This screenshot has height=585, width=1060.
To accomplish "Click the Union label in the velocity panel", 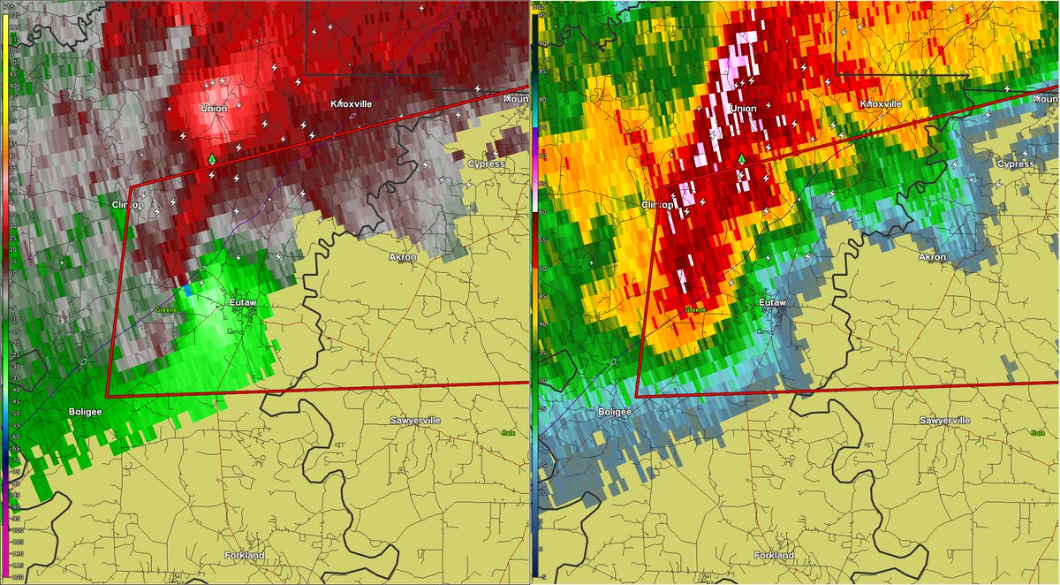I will pos(214,109).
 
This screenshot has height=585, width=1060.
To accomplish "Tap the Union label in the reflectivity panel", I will pos(744,109).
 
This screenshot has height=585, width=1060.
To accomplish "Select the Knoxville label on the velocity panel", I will pos(352,104).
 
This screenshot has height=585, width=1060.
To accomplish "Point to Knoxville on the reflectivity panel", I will pos(882,104).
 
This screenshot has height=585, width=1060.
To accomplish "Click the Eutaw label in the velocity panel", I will pos(243,303).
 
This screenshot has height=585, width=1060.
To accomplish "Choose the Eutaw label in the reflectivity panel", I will pos(773,303).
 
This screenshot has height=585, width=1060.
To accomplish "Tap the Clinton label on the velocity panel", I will pos(127,204).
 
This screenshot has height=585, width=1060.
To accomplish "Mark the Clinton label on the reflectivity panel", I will pos(657,204).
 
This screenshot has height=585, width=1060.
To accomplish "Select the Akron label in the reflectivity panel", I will pos(932,257).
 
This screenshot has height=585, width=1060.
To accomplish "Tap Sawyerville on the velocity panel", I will pos(415,420).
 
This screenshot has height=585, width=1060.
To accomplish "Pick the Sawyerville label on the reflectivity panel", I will pos(945,420).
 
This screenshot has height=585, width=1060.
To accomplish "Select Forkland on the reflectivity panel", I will pos(774,555).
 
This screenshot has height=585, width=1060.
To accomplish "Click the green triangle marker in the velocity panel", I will pos(212,158).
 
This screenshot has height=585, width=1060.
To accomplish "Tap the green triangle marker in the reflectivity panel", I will pos(742,158).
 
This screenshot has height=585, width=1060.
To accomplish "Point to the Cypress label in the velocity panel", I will pos(487,163).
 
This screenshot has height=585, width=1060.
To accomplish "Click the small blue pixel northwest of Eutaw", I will pos(187,290).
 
